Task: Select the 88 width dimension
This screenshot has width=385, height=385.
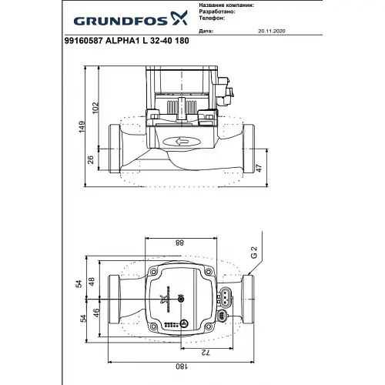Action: (x=180, y=243)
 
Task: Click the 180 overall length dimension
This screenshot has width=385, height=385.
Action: (x=181, y=369)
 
